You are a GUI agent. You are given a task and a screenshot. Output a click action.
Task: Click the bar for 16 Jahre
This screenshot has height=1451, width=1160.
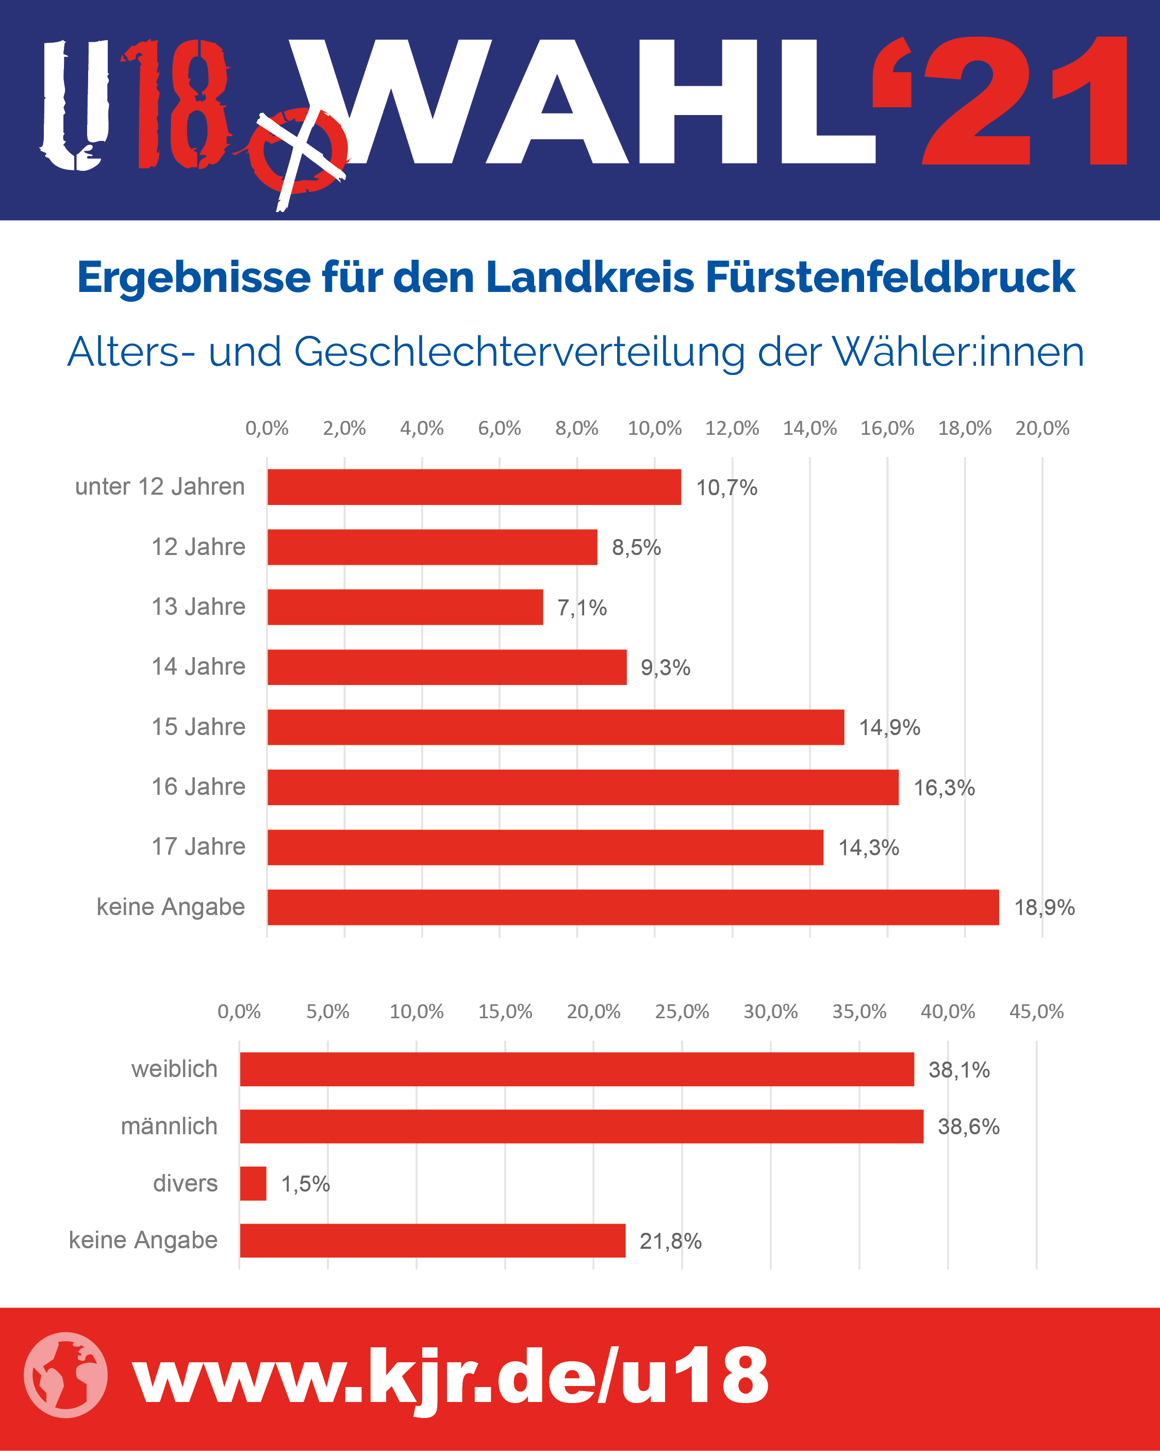(583, 787)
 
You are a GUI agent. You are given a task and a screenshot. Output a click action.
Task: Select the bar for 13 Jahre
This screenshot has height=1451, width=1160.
(405, 607)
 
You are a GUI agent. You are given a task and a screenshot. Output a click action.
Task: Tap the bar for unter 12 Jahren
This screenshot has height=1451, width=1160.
(474, 486)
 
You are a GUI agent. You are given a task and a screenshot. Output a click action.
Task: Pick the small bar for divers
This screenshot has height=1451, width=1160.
(253, 1183)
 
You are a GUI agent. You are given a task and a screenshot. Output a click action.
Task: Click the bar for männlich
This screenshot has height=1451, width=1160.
(582, 1126)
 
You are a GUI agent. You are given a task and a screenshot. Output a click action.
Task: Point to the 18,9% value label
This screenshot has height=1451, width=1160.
(1045, 907)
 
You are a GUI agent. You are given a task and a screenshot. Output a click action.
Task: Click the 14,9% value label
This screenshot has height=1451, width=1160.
(889, 727)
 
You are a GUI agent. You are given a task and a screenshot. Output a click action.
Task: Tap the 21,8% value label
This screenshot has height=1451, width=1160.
(670, 1241)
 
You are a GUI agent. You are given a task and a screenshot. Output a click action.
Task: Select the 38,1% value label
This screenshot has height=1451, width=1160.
(959, 1069)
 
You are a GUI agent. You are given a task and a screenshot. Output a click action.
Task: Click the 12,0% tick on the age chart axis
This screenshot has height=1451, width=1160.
(732, 428)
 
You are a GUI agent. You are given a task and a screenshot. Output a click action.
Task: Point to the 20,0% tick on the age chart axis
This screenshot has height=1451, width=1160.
(1042, 428)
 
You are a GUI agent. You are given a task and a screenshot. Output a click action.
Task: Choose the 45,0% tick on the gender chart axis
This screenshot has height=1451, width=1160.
(1036, 1011)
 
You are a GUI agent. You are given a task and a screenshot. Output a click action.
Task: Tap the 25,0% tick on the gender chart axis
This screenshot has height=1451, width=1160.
(682, 1011)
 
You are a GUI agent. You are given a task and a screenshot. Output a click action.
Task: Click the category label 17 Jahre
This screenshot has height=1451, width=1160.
(198, 846)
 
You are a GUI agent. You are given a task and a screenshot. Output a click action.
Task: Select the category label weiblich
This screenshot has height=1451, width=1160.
(174, 1069)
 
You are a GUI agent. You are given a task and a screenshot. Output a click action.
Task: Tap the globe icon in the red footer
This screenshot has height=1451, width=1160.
(65, 1375)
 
